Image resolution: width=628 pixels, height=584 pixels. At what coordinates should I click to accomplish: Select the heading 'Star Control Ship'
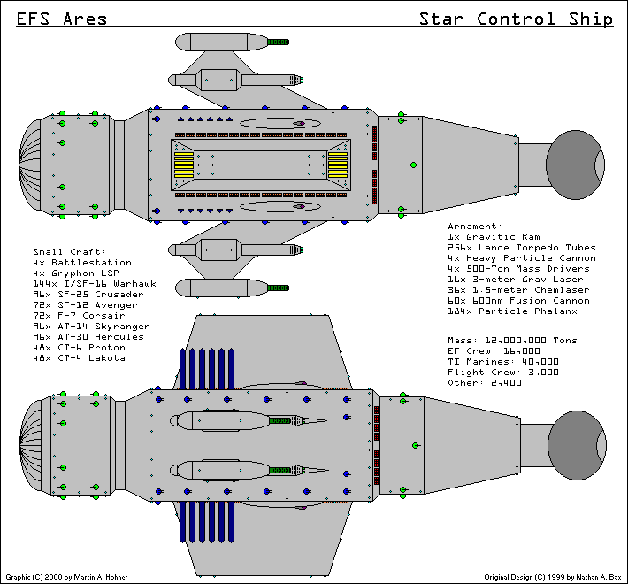pyautogui.click(x=516, y=19)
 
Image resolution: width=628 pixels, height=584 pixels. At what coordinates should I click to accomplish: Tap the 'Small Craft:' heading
pyautogui.click(x=70, y=252)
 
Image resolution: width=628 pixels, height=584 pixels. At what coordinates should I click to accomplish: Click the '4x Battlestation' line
pyautogui.click(x=82, y=263)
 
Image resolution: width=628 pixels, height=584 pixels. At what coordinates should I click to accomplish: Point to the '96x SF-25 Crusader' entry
pyautogui.click(x=88, y=295)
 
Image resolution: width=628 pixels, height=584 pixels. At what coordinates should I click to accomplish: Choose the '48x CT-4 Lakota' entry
pyautogui.click(x=80, y=358)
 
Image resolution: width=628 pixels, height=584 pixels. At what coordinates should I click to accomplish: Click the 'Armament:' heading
pyautogui.click(x=475, y=227)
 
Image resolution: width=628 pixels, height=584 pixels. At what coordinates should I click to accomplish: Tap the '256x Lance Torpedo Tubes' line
pyautogui.click(x=522, y=248)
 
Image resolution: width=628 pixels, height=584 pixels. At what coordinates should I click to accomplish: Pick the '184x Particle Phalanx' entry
pyautogui.click(x=512, y=311)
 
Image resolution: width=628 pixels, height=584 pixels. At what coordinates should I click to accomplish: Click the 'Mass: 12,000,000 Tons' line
pyautogui.click(x=512, y=341)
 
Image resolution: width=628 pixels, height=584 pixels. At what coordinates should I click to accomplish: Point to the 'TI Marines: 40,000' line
pyautogui.click(x=503, y=362)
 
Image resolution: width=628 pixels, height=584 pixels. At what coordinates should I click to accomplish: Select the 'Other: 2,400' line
pyautogui.click(x=486, y=383)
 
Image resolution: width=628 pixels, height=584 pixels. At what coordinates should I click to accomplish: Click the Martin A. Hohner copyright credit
pyautogui.click(x=66, y=576)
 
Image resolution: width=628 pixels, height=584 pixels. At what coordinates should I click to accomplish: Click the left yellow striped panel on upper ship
pyautogui.click(x=183, y=165)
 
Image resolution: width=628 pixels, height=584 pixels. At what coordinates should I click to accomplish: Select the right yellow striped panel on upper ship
pyautogui.click(x=338, y=165)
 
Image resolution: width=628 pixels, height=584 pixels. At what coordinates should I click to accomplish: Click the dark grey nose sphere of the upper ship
pyautogui.click(x=575, y=164)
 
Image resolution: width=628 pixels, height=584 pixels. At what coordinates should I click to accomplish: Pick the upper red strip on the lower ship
pyautogui.click(x=377, y=421)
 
